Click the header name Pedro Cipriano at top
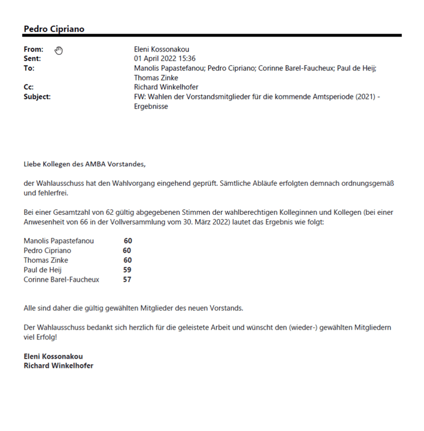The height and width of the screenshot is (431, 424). (54, 29)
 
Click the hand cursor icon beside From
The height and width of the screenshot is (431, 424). (59, 51)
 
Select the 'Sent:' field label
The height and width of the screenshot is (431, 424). (32, 59)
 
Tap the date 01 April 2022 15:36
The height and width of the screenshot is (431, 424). (165, 59)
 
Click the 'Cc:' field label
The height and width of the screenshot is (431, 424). (29, 87)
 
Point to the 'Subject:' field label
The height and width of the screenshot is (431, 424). (37, 97)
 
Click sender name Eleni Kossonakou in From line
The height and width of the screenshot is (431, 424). (161, 50)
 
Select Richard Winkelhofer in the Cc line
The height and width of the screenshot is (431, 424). (166, 87)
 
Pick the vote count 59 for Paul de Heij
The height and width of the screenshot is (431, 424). (127, 270)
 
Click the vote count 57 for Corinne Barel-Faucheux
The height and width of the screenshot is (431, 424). (127, 280)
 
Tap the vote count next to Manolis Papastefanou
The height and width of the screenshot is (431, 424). (128, 241)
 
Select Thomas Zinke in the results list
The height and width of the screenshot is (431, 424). (45, 260)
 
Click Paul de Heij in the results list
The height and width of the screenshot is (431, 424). (43, 270)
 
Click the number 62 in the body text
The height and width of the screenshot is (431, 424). (110, 212)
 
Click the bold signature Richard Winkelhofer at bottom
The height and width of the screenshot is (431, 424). (59, 366)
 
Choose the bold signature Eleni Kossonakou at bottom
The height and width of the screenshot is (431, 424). (53, 356)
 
